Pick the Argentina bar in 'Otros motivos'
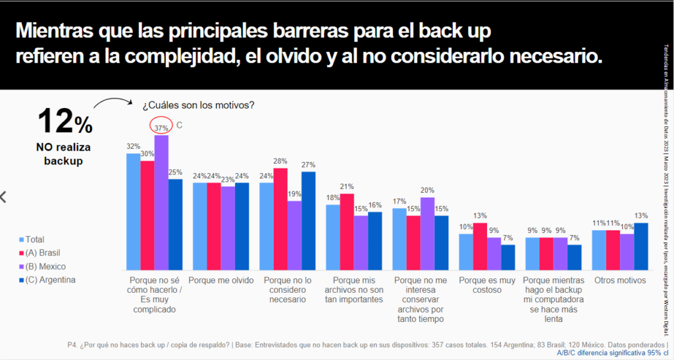coord(640,246)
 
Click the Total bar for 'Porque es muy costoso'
coord(466,252)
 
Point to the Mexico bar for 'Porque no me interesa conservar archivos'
coord(427,234)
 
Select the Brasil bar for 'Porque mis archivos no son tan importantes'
coord(348,232)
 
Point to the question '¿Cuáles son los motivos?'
coord(198,105)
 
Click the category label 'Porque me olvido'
coord(221,280)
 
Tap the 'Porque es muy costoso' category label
coord(486,285)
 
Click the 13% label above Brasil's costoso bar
coord(480,215)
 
